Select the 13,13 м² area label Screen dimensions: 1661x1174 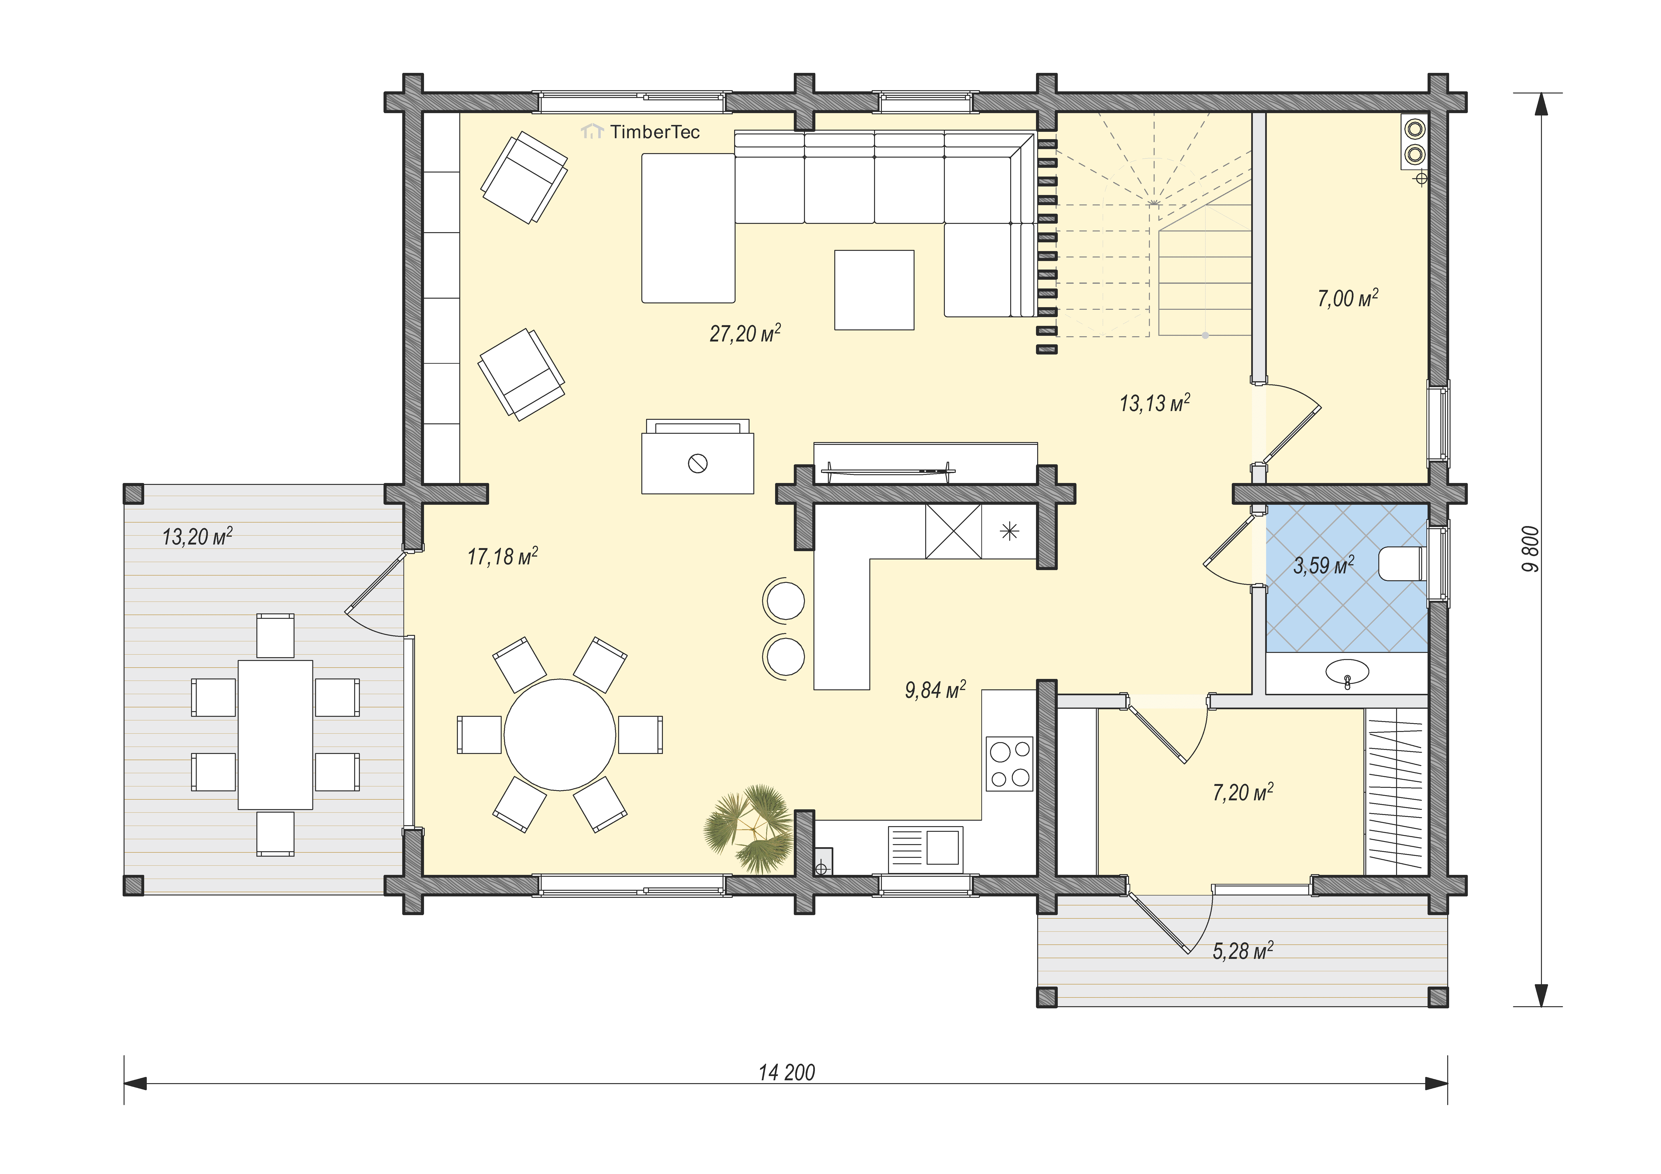1155,403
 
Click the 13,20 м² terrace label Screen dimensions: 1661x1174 197,536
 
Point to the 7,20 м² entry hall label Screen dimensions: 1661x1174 1243,792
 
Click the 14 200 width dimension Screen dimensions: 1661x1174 786,1072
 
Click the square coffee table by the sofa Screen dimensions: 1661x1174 874,290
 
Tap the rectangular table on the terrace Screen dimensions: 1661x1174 275,734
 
